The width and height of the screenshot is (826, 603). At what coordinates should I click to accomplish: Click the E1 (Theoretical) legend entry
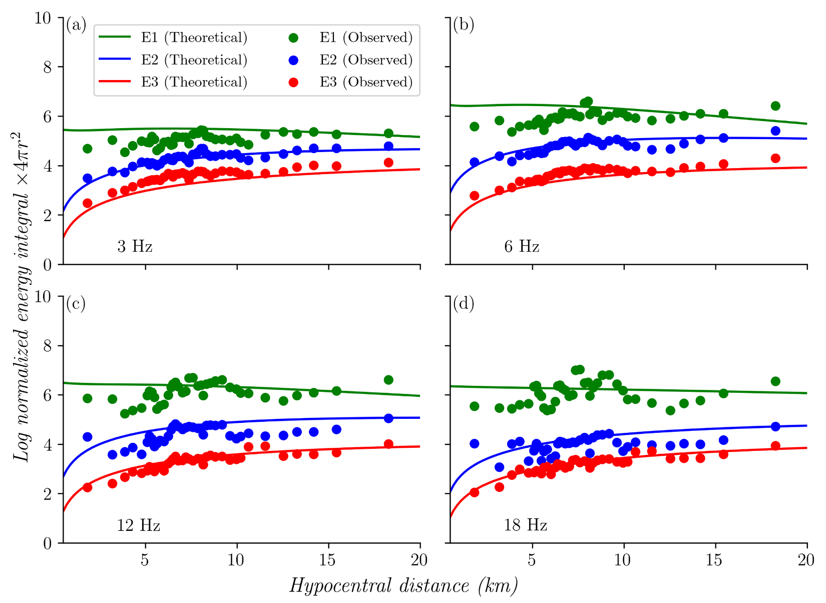tap(173, 38)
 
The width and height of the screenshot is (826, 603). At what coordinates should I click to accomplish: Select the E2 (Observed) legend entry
tap(350, 60)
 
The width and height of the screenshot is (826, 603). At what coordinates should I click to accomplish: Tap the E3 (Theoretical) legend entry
tap(173, 82)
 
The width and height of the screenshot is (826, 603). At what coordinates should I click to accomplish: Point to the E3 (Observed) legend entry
tap(350, 82)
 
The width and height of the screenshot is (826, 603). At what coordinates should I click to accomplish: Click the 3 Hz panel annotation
tap(135, 246)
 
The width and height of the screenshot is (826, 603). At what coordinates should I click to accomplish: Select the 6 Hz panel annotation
tap(522, 246)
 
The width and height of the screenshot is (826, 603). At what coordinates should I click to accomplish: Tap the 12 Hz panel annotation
tap(139, 525)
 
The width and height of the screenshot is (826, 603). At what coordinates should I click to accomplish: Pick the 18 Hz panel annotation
tap(526, 525)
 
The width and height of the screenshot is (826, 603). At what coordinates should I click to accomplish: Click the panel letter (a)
tap(76, 25)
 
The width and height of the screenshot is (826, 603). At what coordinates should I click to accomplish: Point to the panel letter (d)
tap(464, 303)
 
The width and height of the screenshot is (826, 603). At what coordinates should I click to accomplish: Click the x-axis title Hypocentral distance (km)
tap(403, 585)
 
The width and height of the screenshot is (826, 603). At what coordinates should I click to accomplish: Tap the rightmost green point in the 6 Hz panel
tap(775, 106)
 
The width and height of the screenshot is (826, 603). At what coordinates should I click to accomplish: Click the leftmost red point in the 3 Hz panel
tap(88, 203)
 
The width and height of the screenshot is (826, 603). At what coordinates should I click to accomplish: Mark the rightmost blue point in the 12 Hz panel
tap(388, 418)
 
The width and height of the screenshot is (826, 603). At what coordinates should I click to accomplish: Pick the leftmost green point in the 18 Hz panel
tap(475, 406)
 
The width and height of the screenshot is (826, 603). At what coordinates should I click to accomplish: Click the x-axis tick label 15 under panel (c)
tap(328, 560)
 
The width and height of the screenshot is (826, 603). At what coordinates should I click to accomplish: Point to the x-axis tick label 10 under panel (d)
tap(623, 560)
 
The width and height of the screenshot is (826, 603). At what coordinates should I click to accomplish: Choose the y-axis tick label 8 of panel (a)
tap(48, 67)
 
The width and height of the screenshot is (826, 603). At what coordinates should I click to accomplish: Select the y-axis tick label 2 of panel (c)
tap(48, 494)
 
